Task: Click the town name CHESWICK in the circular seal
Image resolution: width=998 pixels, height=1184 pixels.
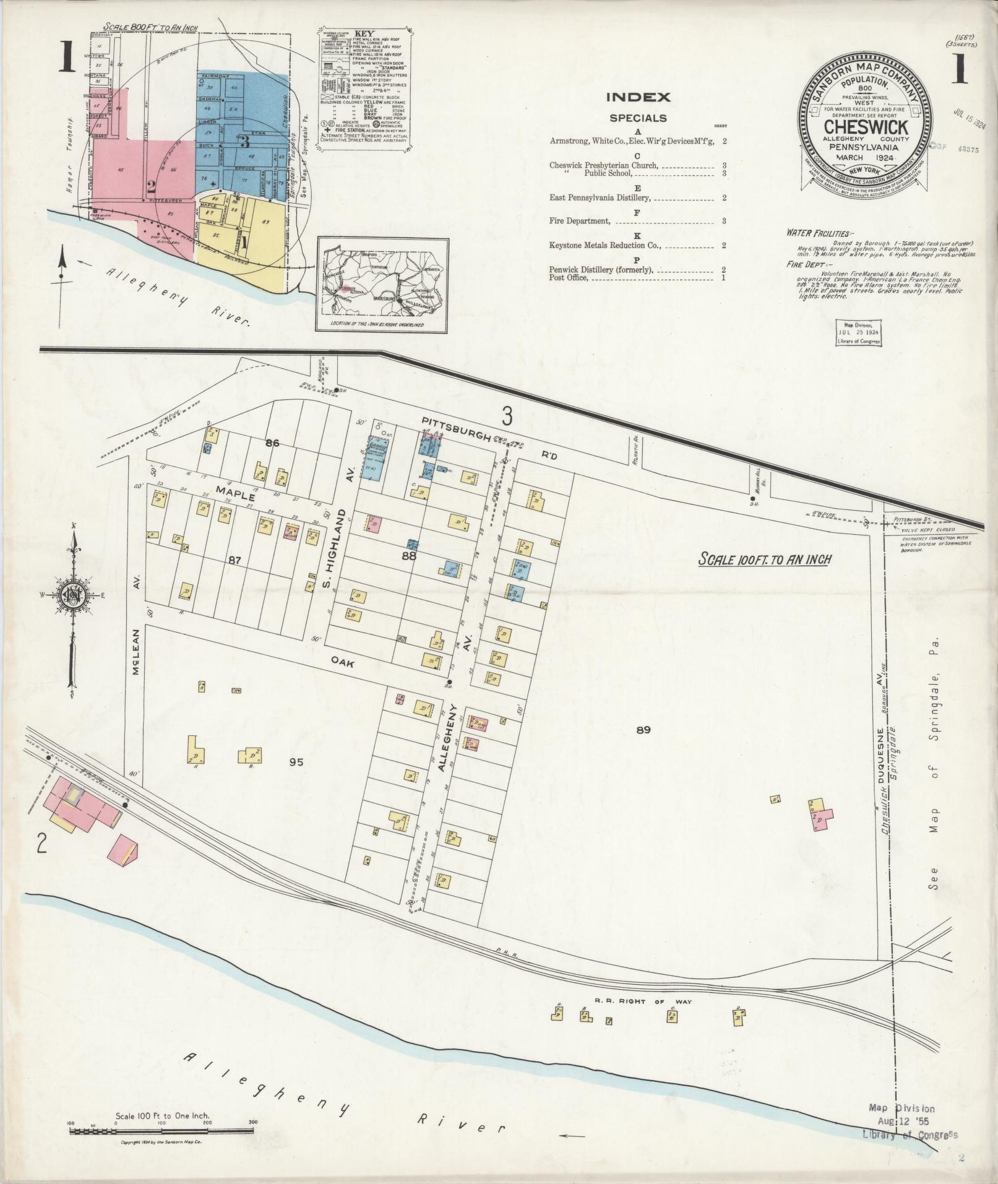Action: point(865,127)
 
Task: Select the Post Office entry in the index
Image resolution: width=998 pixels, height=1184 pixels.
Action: point(568,279)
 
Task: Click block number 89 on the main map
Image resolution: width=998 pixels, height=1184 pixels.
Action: point(643,730)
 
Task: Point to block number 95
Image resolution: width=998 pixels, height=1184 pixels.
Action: point(296,763)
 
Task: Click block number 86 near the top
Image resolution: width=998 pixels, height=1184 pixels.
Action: point(272,443)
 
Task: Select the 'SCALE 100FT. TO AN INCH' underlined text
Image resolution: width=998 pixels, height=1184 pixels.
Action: point(764,560)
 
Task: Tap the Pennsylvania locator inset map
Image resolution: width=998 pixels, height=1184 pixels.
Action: point(382,284)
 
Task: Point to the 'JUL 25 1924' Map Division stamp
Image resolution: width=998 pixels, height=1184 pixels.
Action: point(858,332)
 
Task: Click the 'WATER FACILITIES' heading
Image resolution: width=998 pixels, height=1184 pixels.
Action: point(809,233)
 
